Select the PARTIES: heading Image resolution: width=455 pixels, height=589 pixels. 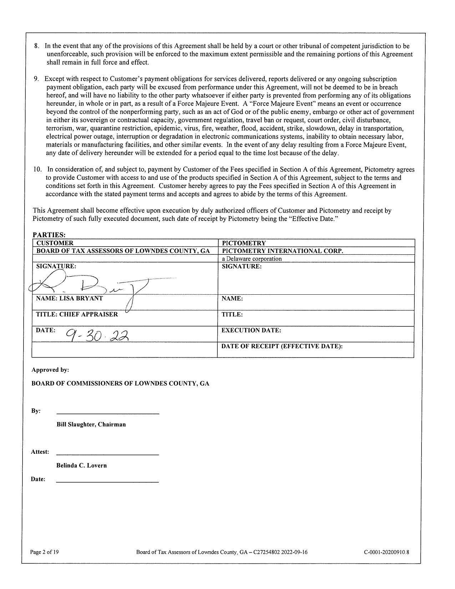[49, 235]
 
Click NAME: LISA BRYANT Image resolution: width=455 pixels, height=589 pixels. [69, 298]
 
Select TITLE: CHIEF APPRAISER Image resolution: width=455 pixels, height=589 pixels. [77, 314]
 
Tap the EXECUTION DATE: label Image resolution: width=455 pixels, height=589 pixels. [251, 330]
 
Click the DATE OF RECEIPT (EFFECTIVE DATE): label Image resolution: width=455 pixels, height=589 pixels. [282, 346]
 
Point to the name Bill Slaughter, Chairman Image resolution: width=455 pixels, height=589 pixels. [91, 425]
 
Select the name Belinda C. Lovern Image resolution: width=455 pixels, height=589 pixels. [82, 466]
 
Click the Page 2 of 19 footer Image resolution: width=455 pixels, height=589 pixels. [45, 552]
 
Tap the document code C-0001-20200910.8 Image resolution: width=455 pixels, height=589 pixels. [386, 552]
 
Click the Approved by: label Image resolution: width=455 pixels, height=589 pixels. [50, 370]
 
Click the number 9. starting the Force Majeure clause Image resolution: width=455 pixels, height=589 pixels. [36, 79]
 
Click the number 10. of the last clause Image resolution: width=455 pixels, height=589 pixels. [37, 169]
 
